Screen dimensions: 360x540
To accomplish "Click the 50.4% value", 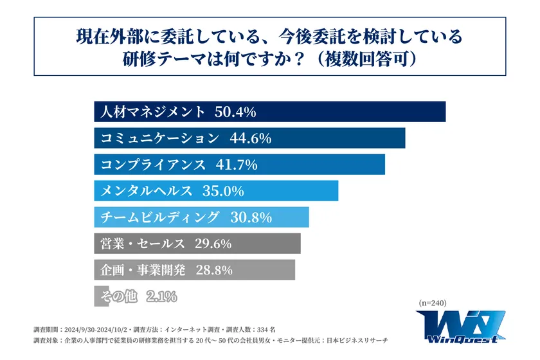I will (235, 112).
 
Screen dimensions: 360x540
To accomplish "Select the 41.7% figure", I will (235, 165).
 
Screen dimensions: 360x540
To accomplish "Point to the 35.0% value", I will (222, 191).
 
